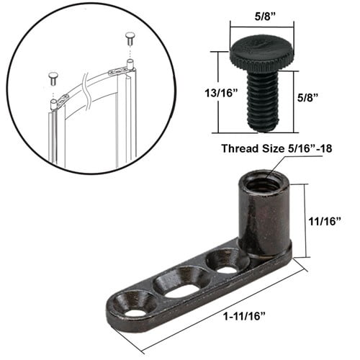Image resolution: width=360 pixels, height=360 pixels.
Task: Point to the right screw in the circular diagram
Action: click(x=130, y=37)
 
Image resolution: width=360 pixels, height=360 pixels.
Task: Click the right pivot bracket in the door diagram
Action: click(x=120, y=71)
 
